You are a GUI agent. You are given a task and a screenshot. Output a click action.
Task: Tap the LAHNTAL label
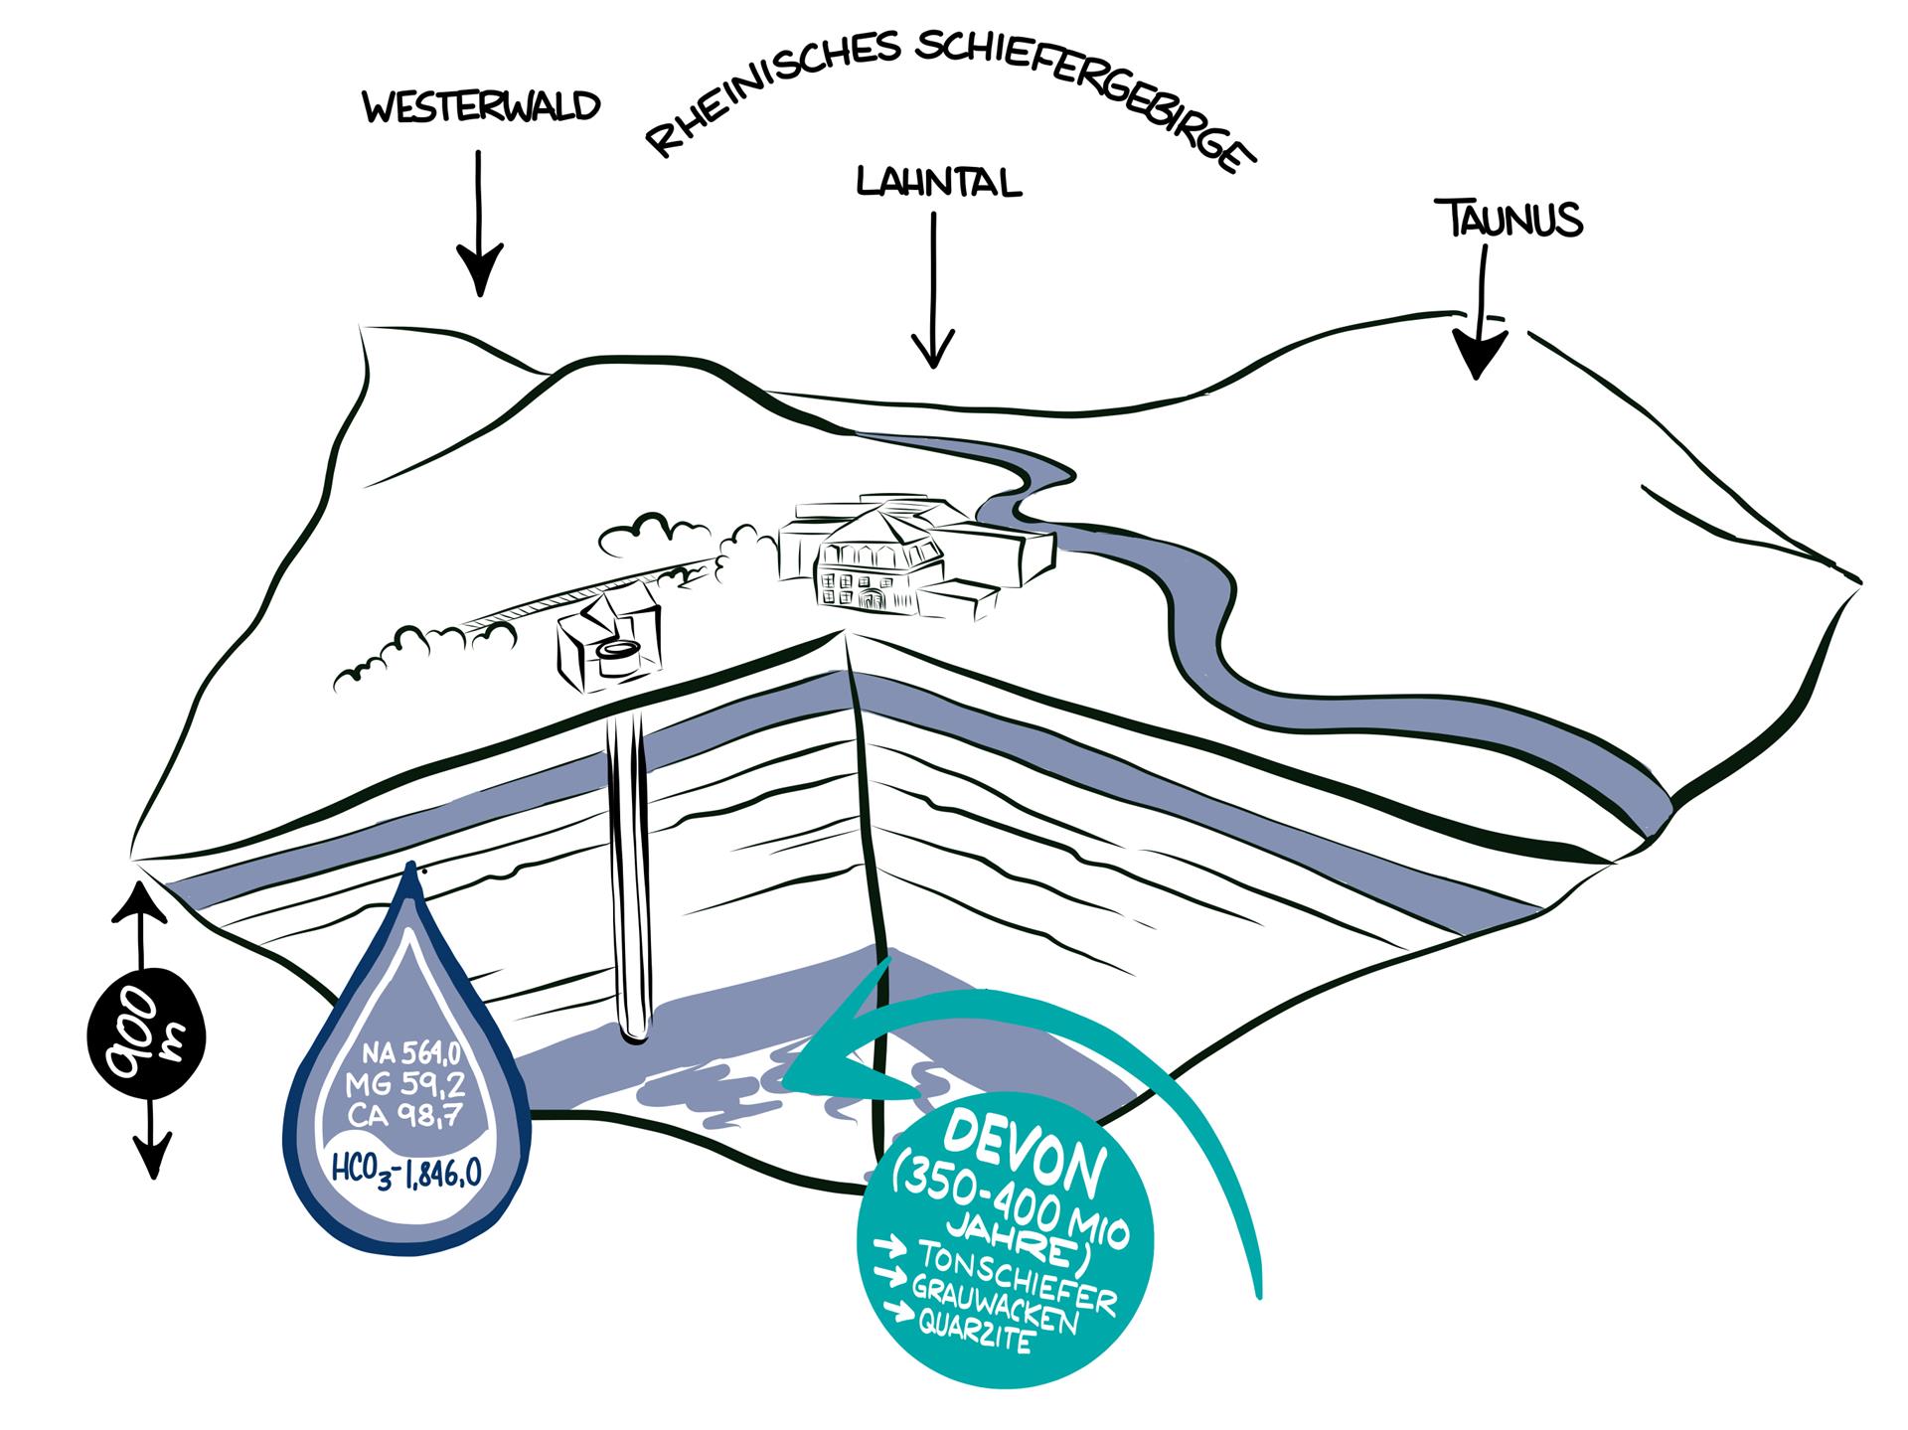938,183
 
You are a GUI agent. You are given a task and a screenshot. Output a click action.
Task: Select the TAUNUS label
1509,219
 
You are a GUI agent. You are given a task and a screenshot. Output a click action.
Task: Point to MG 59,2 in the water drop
405,1083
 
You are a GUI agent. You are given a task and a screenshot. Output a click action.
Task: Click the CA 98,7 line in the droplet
405,1115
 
